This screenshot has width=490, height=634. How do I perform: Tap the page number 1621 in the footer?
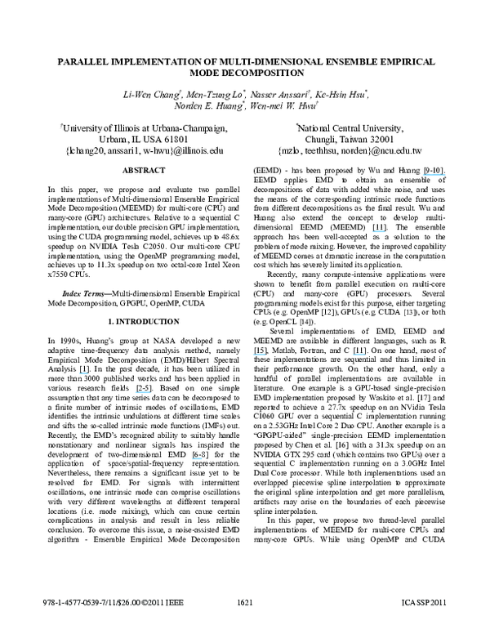245,625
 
